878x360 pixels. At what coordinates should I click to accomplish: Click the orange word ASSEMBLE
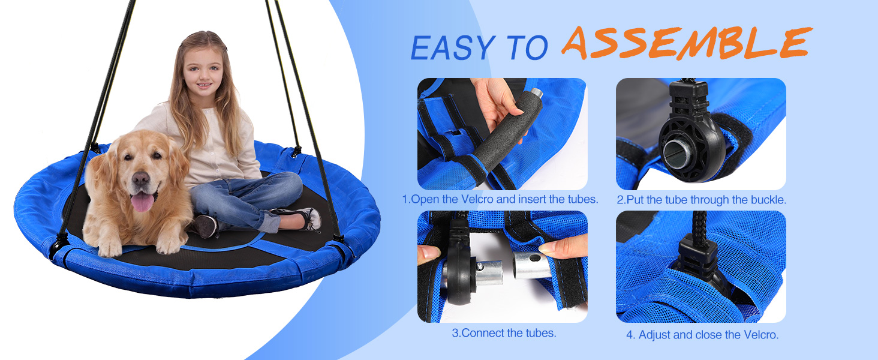point(687,43)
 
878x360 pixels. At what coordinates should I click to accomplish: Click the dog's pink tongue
point(142,202)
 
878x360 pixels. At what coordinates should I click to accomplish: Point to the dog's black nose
point(140,179)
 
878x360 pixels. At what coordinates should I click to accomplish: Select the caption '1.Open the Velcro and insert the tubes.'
point(500,199)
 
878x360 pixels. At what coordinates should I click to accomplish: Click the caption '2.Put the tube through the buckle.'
point(702,200)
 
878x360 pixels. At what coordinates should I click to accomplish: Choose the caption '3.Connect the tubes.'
point(504,333)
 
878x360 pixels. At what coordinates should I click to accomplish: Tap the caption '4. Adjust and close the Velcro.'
point(702,335)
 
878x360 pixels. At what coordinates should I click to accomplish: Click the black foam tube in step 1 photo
point(506,135)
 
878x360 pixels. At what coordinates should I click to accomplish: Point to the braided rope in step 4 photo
point(700,226)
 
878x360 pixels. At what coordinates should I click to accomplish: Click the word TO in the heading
point(527,48)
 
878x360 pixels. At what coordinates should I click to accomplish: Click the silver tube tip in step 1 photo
point(536,94)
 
